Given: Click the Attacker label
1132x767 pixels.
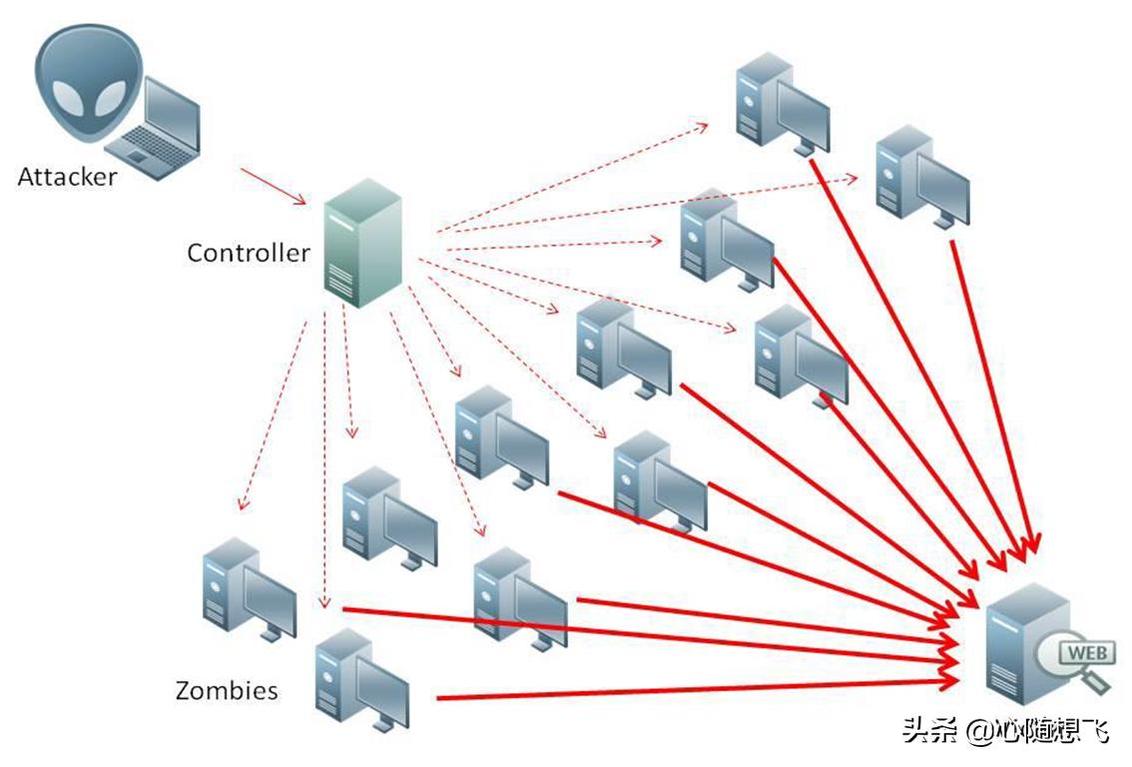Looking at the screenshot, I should pyautogui.click(x=66, y=178).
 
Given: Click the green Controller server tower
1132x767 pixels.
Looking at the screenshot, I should pyautogui.click(x=362, y=242).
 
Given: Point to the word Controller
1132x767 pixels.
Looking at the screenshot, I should pyautogui.click(x=248, y=253).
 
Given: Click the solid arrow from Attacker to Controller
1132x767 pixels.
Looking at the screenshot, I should pyautogui.click(x=272, y=186).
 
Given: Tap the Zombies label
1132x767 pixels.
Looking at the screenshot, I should pyautogui.click(x=226, y=690).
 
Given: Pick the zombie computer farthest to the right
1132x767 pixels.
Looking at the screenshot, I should pyautogui.click(x=920, y=176).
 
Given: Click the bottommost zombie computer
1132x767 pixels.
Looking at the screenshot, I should pyautogui.click(x=360, y=680).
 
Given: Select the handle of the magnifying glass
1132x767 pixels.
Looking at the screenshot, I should pyautogui.click(x=1097, y=681).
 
